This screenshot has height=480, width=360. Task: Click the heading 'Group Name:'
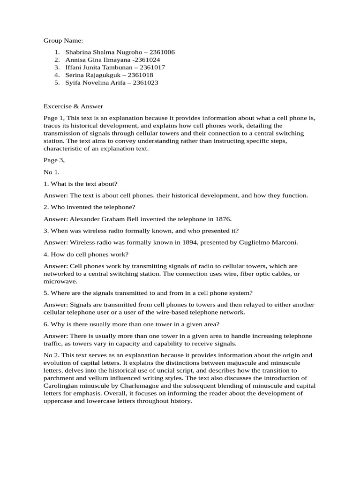point(63,41)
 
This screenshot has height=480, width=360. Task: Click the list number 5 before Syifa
point(56,82)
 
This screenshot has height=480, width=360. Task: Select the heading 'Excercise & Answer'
point(73,106)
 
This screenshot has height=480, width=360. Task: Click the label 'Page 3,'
point(54,160)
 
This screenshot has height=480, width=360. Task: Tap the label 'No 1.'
point(52,172)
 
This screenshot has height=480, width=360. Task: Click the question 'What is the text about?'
point(83,184)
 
